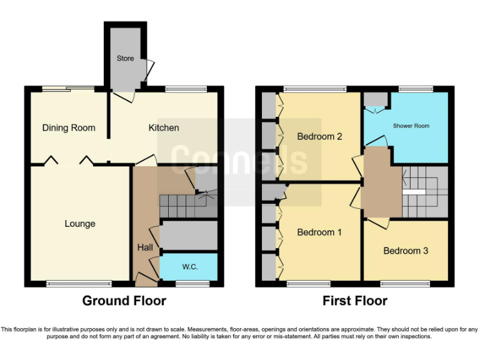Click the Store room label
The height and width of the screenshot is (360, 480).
pos(125,58)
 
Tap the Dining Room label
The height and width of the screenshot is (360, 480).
pos(69,127)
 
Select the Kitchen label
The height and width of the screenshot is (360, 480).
pos(164,127)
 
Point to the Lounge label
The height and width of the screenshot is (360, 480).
pos(80,223)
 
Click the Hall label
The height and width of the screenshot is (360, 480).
pos(145,247)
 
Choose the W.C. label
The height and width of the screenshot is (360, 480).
pos(190,267)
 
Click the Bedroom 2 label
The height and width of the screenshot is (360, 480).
pos(319,136)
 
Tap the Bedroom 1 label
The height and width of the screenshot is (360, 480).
pos(319,232)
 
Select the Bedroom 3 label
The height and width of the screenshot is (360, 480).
pos(406,251)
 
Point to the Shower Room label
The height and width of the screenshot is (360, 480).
pos(411,126)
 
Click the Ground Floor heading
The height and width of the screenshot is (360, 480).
pos(124,301)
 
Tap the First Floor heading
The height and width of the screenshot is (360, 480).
pos(355,301)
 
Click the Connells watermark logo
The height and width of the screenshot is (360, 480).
pos(239,159)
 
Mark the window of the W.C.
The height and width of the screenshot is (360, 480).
pos(192,284)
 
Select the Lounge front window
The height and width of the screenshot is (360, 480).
pos(80,284)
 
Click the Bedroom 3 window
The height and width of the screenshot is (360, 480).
pos(405,284)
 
